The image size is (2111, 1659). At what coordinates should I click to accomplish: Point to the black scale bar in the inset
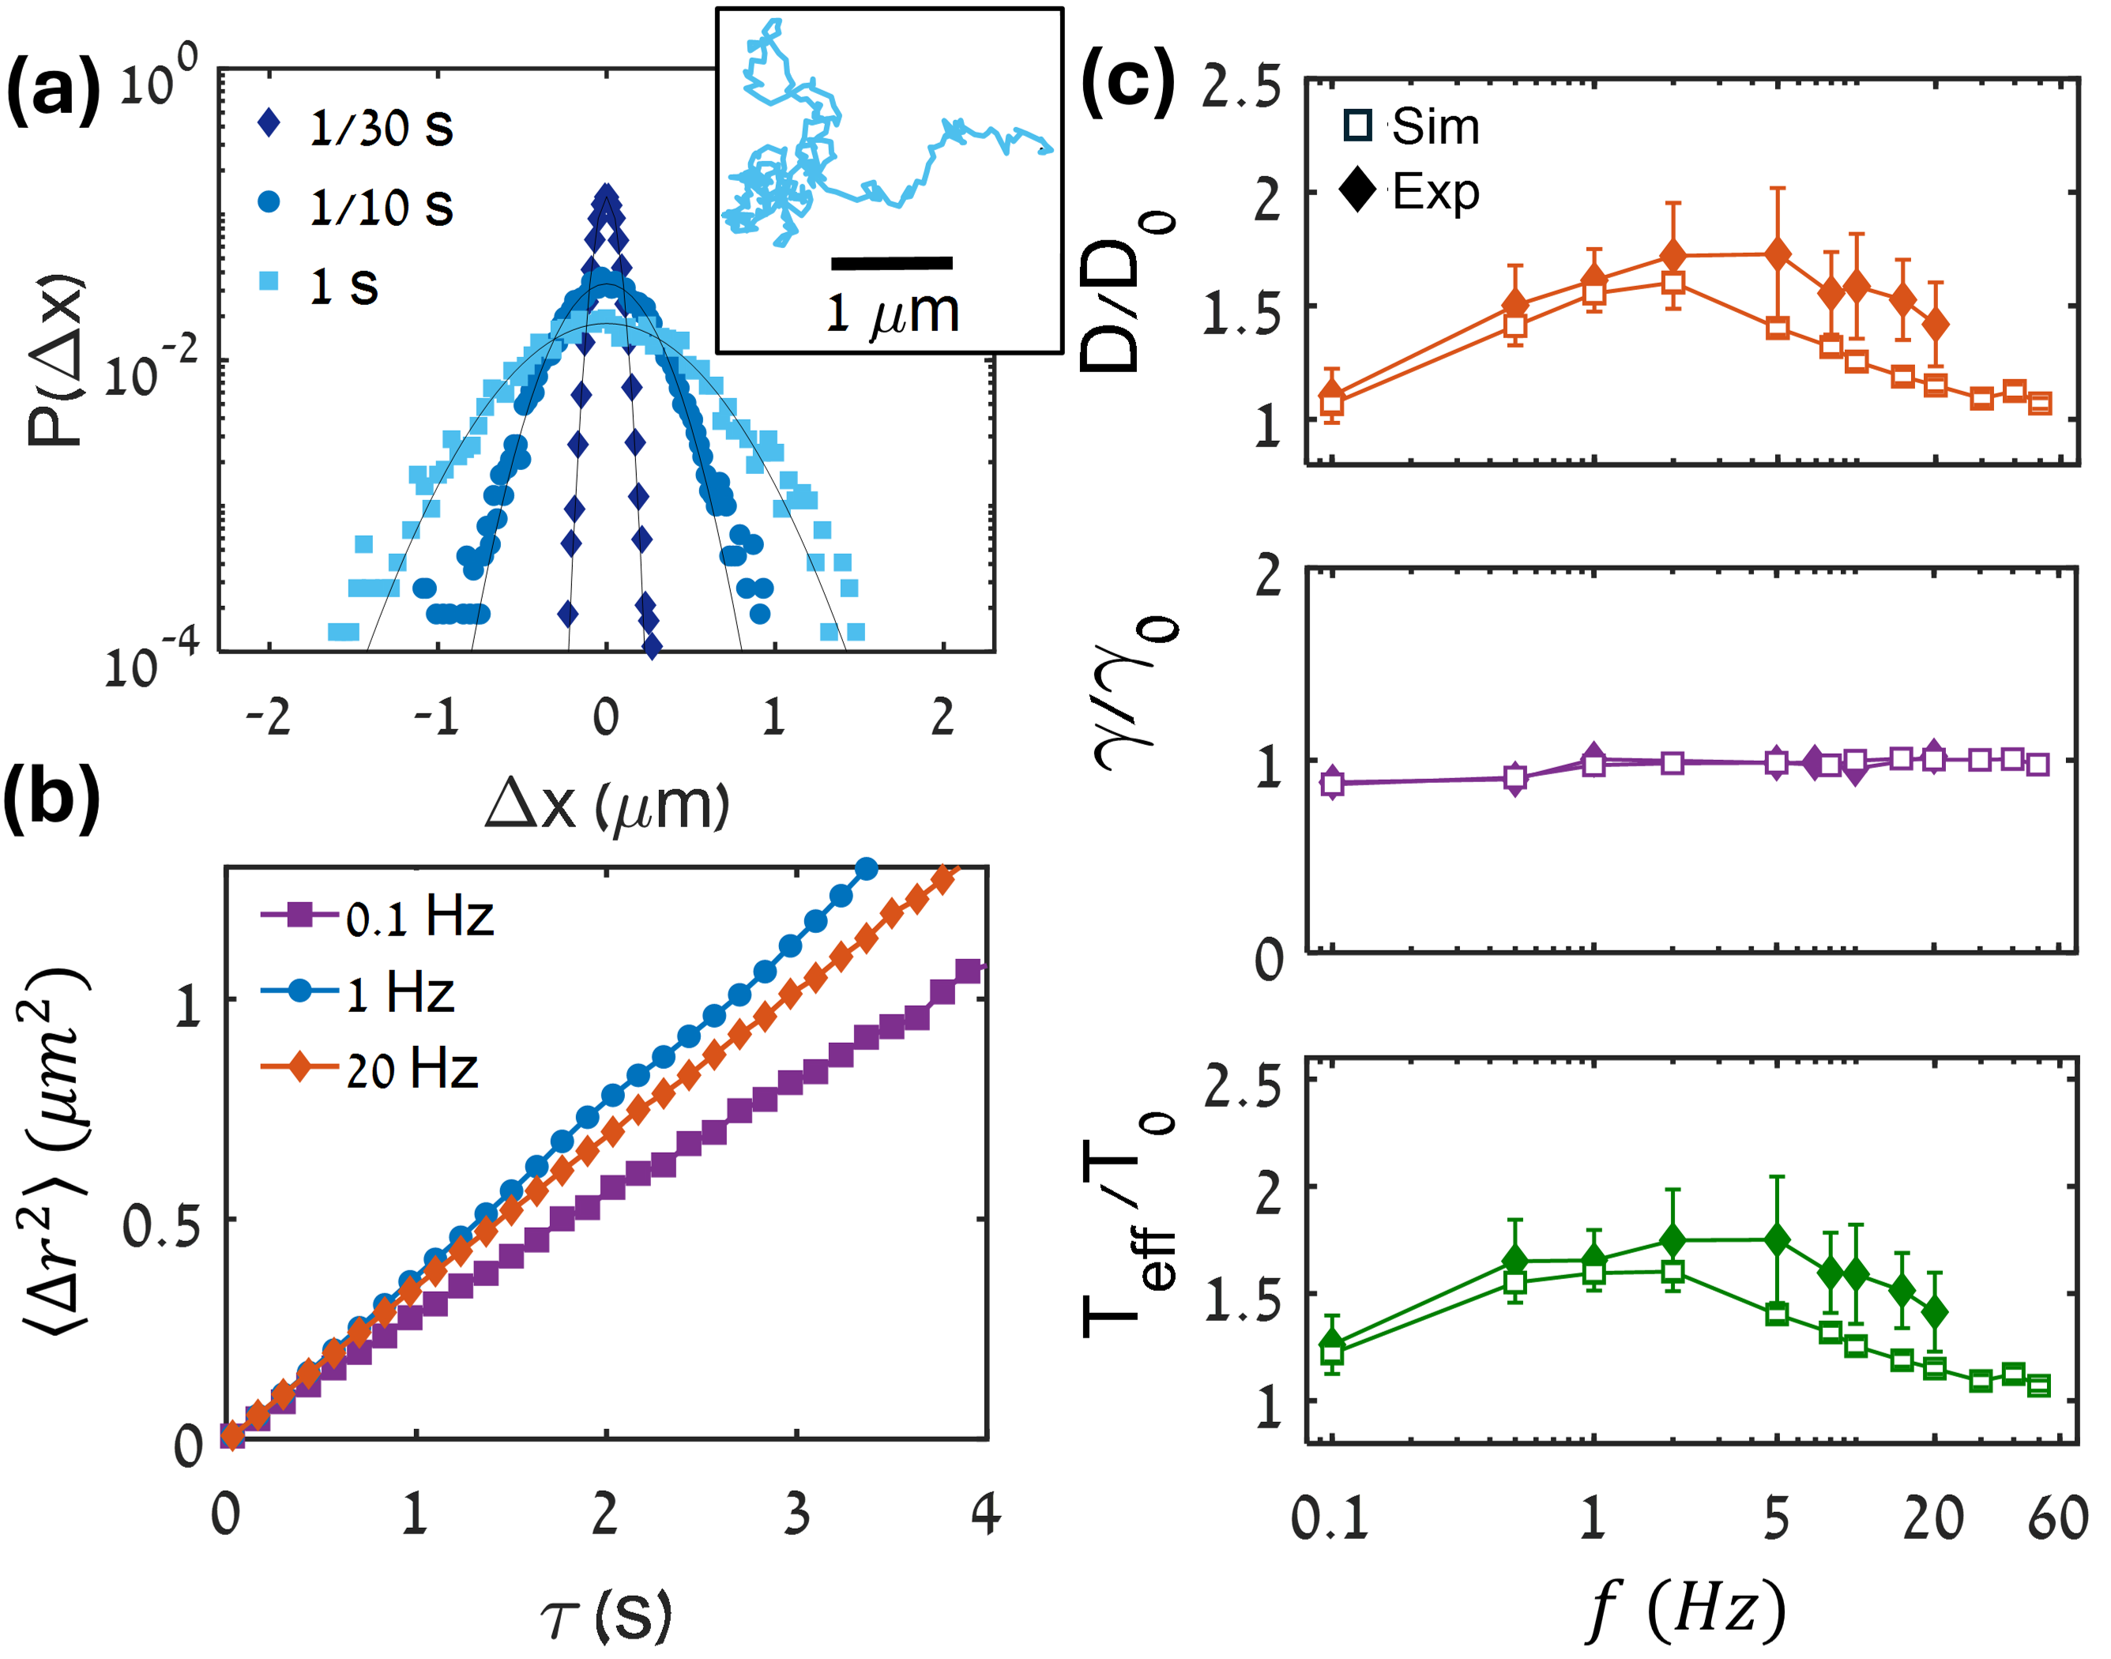[x=892, y=262]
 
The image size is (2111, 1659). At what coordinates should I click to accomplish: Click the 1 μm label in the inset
[x=892, y=313]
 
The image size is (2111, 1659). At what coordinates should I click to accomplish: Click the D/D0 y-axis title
[x=1127, y=292]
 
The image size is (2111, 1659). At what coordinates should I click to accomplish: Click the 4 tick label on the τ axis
[x=986, y=1514]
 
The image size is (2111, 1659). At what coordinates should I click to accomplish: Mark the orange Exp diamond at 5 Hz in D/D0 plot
[x=1778, y=254]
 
